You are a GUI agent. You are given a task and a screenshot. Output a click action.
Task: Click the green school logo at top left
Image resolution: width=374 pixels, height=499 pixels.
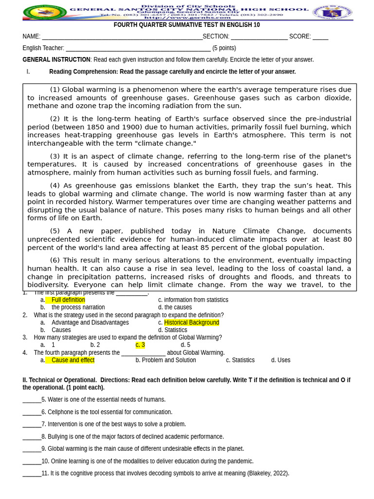[45, 12]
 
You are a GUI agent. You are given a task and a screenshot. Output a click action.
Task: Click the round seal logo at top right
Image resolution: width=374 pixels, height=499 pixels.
[332, 12]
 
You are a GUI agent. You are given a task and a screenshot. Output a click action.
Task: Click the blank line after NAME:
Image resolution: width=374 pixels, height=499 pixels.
[122, 37]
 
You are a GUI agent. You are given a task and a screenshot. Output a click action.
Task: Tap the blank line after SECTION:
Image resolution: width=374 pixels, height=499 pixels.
[259, 37]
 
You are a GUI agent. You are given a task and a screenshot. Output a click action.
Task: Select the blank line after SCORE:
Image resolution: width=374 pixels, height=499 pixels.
[320, 37]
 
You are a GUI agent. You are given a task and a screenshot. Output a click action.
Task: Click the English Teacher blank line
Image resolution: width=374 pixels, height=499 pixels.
[138, 48]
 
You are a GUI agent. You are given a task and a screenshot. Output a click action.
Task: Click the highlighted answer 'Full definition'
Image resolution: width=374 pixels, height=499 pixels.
[68, 300]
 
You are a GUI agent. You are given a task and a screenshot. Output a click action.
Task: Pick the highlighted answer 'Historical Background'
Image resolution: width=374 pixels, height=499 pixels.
[191, 323]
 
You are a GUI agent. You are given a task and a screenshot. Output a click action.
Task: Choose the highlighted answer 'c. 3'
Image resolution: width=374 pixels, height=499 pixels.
[140, 345]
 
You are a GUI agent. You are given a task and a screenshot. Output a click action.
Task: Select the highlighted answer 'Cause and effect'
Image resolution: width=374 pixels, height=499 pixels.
[73, 360]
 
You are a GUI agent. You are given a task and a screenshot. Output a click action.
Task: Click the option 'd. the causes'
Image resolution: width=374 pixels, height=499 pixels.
[175, 307]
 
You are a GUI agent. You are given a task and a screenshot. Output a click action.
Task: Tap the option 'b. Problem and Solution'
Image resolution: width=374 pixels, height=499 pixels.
[166, 360]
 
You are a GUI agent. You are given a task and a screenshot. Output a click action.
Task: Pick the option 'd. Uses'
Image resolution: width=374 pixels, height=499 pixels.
[280, 360]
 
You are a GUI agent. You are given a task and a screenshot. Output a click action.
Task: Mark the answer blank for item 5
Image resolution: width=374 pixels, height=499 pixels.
[32, 400]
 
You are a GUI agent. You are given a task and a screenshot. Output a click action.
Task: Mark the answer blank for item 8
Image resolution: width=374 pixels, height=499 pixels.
[32, 437]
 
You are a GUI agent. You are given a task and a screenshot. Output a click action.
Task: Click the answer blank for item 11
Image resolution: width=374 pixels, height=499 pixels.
[32, 474]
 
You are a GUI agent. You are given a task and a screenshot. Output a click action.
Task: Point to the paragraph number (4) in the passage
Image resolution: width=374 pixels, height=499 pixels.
[55, 186]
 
